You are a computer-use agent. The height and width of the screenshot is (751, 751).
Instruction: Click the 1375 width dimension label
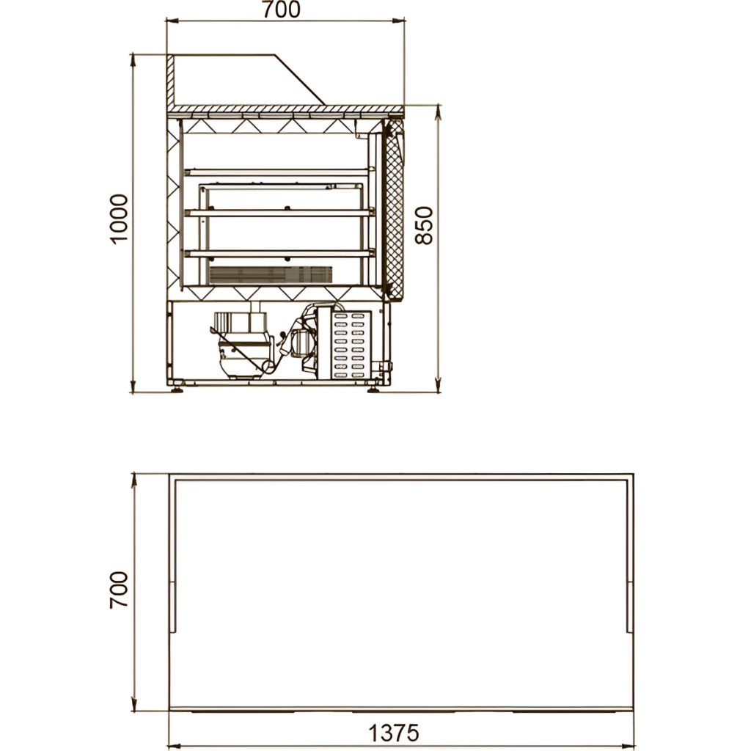coord(393,733)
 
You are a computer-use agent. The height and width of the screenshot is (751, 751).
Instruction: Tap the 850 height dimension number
coord(424,226)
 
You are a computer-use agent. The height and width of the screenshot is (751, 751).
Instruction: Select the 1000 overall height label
coord(119,219)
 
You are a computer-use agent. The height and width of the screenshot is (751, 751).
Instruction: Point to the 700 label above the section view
coord(281,10)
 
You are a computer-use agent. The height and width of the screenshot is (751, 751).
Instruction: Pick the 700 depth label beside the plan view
coord(119,590)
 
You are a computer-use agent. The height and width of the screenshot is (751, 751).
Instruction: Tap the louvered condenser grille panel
coord(351,345)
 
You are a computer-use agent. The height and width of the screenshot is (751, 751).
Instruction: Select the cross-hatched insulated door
coord(395,210)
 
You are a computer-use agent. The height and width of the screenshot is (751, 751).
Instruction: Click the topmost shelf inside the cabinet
coord(279,171)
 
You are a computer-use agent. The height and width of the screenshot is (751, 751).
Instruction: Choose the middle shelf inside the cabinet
coord(279,212)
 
